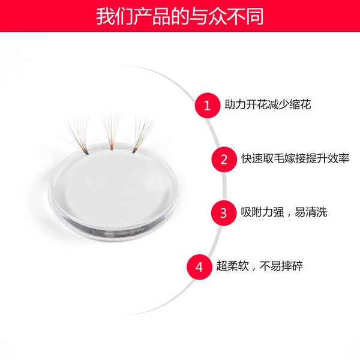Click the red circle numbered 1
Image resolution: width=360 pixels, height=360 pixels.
click(208, 106)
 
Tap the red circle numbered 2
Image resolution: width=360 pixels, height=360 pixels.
click(224, 160)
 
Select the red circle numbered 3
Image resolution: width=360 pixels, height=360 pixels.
click(224, 213)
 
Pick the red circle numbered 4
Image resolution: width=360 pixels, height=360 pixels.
click(199, 267)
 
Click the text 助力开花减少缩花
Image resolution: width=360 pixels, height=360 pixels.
click(268, 104)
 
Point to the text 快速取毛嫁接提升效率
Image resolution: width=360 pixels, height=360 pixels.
click(295, 158)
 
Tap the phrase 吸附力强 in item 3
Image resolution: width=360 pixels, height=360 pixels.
click(262, 212)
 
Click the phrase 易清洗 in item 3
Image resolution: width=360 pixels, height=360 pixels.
click(311, 212)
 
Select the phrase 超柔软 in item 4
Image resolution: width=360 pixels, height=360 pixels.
click(233, 266)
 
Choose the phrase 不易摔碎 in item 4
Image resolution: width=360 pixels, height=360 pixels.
click(281, 266)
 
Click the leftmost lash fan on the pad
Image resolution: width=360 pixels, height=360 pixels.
click(77, 136)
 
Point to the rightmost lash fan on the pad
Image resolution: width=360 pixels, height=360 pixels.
click(143, 135)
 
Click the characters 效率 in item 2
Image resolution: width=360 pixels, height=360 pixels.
click(338, 158)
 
